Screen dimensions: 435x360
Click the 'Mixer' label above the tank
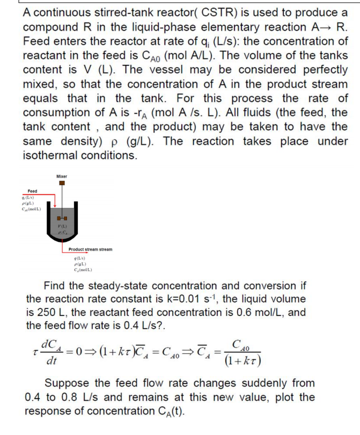coord(62,176)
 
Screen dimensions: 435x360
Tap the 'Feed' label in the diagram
coord(33,191)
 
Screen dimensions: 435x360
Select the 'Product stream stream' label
coord(90,249)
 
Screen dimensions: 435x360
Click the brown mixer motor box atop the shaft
coord(62,183)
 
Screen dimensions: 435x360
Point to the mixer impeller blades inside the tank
coord(62,217)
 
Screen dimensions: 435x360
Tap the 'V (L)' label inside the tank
coord(62,225)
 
